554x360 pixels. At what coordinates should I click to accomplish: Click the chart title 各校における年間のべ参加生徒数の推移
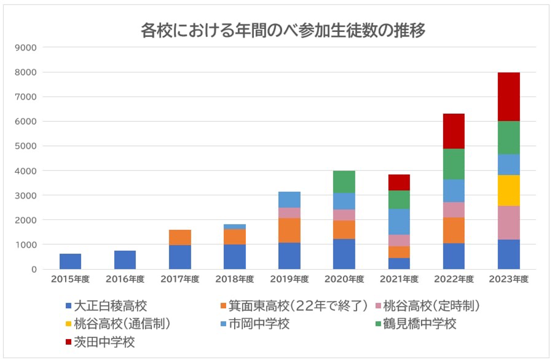[x=283, y=32]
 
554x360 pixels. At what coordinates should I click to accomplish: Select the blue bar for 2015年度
[x=70, y=261]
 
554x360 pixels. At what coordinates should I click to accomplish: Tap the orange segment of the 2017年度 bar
[x=180, y=237]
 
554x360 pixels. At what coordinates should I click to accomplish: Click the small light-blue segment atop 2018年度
[x=235, y=227]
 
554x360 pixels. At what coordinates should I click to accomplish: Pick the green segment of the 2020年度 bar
[x=344, y=182]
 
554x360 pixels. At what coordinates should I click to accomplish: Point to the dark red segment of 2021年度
[x=399, y=182]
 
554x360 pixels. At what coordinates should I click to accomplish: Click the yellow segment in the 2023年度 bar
[x=508, y=191]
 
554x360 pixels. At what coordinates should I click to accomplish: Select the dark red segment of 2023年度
[x=508, y=97]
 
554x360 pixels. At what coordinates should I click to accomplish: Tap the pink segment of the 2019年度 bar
[x=290, y=213]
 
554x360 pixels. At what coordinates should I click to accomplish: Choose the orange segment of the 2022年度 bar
[x=453, y=230]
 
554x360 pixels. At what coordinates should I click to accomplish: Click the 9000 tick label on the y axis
[x=26, y=47]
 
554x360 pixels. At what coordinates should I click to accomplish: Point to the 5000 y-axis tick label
[x=26, y=146]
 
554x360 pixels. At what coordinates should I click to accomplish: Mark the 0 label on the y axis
[x=34, y=269]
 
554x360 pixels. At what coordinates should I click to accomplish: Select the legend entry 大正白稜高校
[x=111, y=306]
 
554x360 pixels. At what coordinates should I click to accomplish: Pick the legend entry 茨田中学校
[x=104, y=342]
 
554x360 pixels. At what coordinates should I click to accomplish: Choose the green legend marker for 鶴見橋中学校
[x=376, y=324]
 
